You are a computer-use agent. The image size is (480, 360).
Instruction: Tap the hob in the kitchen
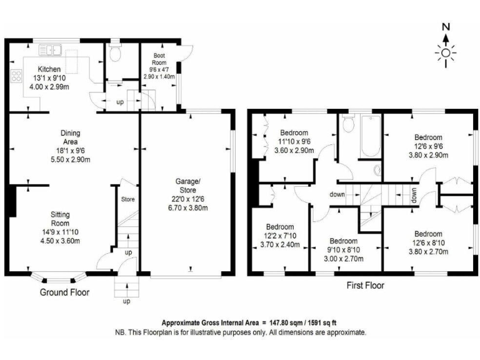click(15, 79)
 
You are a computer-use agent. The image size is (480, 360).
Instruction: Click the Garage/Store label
click(187, 186)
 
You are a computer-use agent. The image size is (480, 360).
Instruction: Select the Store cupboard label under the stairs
click(127, 199)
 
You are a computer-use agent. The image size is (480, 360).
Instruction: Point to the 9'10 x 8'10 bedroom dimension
click(343, 249)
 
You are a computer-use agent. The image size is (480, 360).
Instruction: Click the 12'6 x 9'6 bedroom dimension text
click(428, 146)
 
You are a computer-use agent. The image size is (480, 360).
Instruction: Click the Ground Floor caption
click(64, 292)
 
